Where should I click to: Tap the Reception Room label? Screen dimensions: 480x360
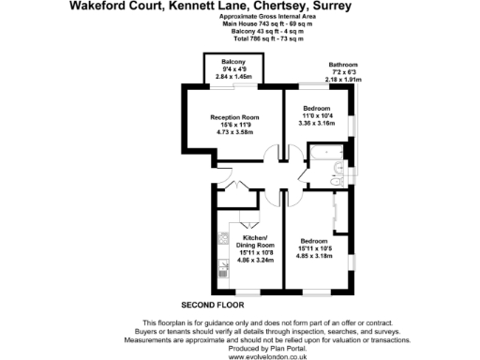233,118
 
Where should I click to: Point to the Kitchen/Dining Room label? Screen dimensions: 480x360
256,240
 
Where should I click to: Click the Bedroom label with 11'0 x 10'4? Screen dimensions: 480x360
315,108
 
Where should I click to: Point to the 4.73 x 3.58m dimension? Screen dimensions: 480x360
233,133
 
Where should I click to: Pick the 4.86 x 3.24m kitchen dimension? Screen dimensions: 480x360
256,259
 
